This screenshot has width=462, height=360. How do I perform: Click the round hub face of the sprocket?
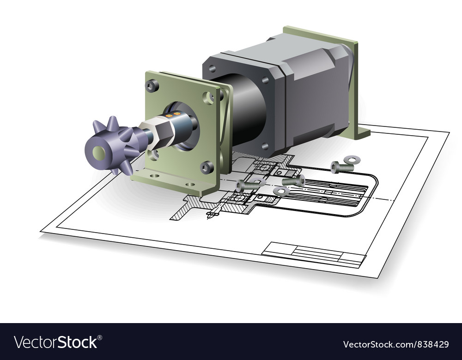(98, 153)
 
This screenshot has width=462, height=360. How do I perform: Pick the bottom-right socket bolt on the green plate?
(207, 167)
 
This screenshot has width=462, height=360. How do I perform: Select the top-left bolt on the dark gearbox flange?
(212, 68)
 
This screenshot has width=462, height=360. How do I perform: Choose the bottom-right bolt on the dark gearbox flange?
(265, 146)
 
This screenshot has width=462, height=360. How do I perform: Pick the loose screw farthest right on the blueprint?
(342, 168)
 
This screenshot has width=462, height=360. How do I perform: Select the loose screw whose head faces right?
(293, 180)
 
